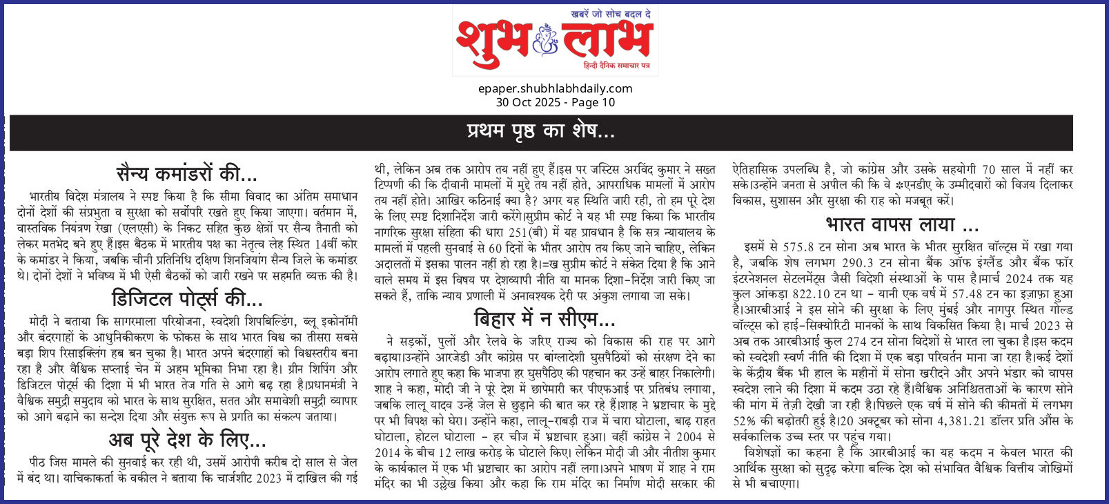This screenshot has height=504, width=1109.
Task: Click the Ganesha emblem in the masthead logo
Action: pos(546,39)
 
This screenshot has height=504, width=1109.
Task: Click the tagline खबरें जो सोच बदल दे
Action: pos(611,14)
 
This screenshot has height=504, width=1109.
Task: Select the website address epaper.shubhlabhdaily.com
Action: pos(555,88)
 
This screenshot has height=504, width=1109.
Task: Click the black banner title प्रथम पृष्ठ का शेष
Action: pos(540,131)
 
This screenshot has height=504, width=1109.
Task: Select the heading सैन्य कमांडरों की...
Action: pos(187,173)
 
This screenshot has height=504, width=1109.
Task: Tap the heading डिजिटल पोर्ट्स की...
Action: pos(187,299)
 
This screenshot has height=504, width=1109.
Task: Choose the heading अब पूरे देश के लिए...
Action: pos(187,440)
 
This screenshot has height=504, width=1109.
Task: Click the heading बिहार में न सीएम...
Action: pos(544,319)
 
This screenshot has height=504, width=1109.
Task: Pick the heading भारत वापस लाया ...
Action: pos(902,225)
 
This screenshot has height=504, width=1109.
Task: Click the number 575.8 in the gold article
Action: pos(798,247)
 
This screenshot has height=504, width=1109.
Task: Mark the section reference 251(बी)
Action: pos(527,232)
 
